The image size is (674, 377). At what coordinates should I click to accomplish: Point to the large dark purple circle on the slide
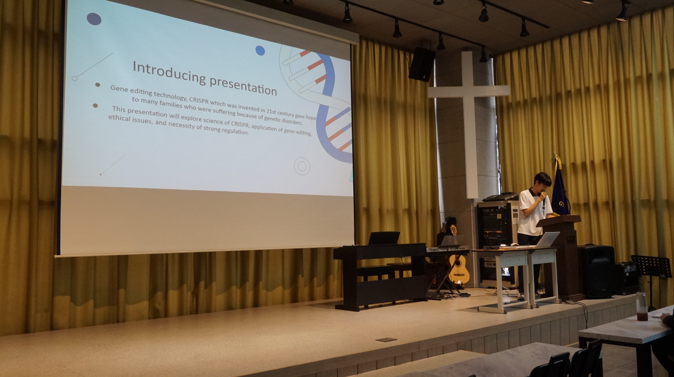94,19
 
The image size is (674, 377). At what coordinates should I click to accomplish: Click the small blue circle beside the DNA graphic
260,51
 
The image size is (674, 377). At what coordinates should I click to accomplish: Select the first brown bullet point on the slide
98,85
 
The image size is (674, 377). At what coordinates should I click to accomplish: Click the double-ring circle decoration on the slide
302,166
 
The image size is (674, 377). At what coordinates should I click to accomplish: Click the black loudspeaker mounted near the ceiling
422,64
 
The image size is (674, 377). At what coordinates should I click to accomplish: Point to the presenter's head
542,182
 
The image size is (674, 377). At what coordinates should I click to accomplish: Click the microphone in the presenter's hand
544,201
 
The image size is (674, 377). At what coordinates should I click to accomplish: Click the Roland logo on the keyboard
434,250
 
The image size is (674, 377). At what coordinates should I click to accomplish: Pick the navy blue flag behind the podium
560,192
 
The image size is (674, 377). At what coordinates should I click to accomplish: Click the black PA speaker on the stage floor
596,271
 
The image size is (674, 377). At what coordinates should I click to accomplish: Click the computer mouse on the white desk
513,244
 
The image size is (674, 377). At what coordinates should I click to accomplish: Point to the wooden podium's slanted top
559,219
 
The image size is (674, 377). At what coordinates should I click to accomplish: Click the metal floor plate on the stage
386,340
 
